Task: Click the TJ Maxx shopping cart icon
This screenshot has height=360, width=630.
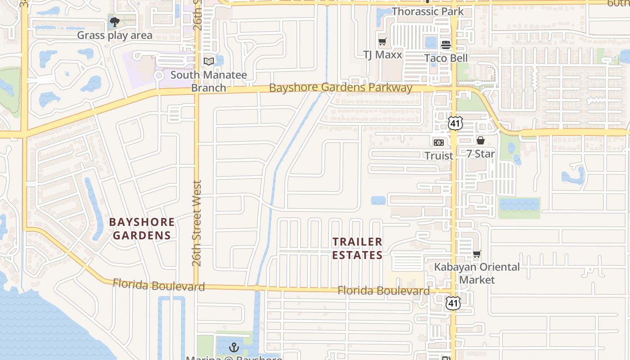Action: (382, 42)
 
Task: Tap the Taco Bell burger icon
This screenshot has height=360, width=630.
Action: (446, 45)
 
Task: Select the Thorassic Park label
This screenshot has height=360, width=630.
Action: (427, 11)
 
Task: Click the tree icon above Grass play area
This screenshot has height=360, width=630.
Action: (114, 22)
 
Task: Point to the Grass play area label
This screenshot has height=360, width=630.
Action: (115, 35)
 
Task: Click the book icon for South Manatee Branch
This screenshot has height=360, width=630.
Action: (209, 61)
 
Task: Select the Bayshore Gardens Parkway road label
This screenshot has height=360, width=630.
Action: (341, 87)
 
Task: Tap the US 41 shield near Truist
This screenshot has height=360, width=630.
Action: (454, 123)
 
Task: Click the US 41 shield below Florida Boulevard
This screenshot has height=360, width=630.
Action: (453, 303)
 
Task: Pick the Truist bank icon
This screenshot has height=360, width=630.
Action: (438, 142)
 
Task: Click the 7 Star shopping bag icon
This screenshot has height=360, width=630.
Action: (480, 140)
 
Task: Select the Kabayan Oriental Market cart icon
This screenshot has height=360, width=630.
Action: (477, 254)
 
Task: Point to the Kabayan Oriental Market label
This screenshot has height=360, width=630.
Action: (477, 273)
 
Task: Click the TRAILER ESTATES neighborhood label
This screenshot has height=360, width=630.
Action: (357, 248)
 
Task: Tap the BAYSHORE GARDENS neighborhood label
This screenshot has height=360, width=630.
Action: (142, 229)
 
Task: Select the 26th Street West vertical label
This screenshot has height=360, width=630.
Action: (197, 223)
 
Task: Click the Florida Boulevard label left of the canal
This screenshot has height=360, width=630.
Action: (158, 285)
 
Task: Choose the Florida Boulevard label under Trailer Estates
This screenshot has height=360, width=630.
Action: (383, 291)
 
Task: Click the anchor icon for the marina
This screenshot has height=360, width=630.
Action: (234, 347)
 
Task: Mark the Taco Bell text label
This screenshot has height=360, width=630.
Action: (446, 58)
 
